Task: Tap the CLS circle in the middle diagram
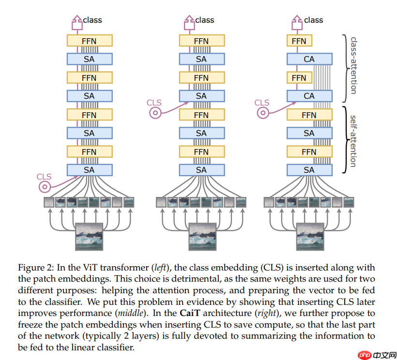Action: click(x=155, y=113)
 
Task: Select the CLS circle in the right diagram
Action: click(x=263, y=113)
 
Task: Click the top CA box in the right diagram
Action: click(x=309, y=59)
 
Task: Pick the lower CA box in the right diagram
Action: click(x=309, y=96)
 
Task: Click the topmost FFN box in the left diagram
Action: click(x=89, y=41)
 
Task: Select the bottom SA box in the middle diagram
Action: click(x=201, y=170)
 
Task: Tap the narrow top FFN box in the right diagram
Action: click(x=299, y=41)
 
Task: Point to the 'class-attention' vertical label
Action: click(x=354, y=65)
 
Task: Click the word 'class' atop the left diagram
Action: click(x=92, y=20)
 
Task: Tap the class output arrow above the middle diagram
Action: click(x=188, y=21)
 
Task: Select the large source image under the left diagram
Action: click(x=90, y=237)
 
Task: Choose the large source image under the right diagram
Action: click(x=310, y=237)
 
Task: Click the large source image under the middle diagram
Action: click(x=202, y=237)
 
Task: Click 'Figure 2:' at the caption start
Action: click(x=35, y=268)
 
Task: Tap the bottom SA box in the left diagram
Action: click(x=89, y=170)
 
